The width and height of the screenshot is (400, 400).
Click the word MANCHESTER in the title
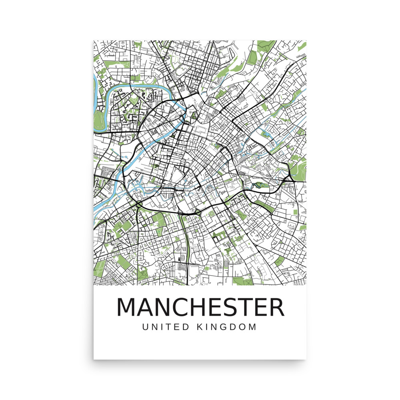pos(200,307)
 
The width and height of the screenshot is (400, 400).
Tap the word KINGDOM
pos(227,327)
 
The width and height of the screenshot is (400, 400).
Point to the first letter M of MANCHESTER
pos(126,307)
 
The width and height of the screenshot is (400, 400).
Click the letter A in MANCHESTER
pos(146,307)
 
